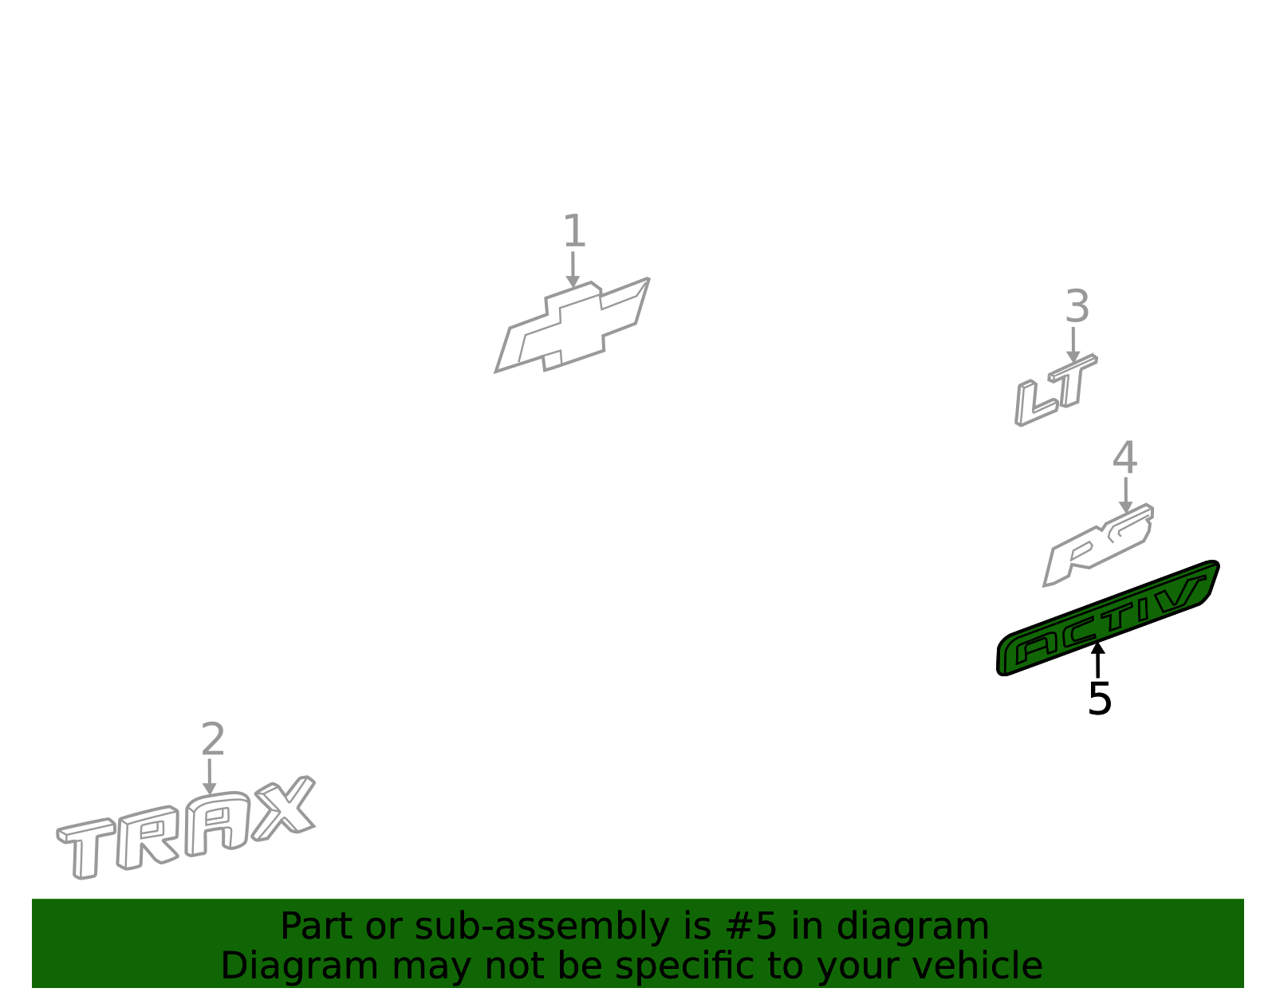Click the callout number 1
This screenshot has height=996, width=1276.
pyautogui.click(x=574, y=231)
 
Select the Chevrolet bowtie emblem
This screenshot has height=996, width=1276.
pyautogui.click(x=573, y=326)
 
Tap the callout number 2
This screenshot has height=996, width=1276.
pyautogui.click(x=213, y=740)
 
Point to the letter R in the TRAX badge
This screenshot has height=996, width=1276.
pyautogui.click(x=147, y=837)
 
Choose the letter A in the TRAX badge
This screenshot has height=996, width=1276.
pyautogui.click(x=217, y=824)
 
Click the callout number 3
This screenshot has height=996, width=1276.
pyautogui.click(x=1077, y=306)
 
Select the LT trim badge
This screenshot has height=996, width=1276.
pyautogui.click(x=1056, y=390)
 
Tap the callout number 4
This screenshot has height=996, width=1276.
pyautogui.click(x=1124, y=458)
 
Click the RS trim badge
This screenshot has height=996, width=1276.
pyautogui.click(x=1098, y=545)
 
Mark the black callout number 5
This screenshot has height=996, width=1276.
pyautogui.click(x=1099, y=699)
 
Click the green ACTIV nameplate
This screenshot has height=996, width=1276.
pyautogui.click(x=1108, y=619)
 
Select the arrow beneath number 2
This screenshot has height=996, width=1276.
pyautogui.click(x=210, y=777)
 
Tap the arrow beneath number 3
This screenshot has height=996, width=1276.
pyautogui.click(x=1073, y=344)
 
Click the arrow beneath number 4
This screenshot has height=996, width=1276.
pyautogui.click(x=1126, y=495)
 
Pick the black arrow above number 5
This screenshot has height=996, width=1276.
pyautogui.click(x=1097, y=660)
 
